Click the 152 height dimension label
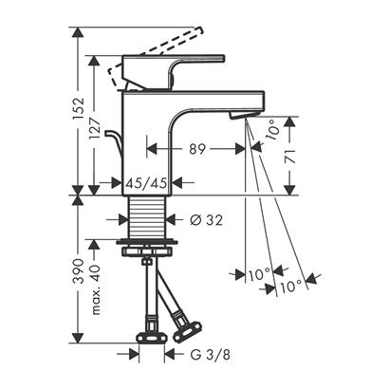pyautogui.click(x=79, y=109)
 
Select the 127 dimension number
pyautogui.click(x=95, y=129)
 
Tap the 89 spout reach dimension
pyautogui.click(x=197, y=149)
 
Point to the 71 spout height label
pyautogui.click(x=290, y=156)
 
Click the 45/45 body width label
pyautogui.click(x=146, y=183)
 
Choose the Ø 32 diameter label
pyautogui.click(x=207, y=220)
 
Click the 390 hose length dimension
pyautogui.click(x=79, y=271)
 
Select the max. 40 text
pyautogui.click(x=95, y=289)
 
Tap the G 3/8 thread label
pyautogui.click(x=210, y=355)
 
